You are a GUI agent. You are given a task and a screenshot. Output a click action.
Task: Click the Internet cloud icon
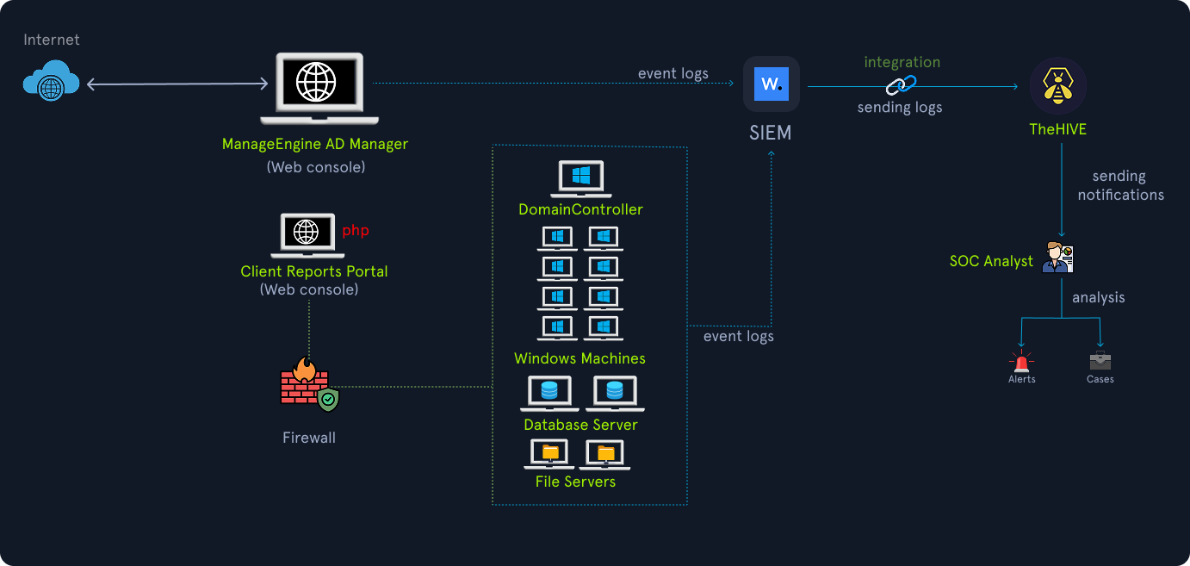pyautogui.click(x=51, y=81)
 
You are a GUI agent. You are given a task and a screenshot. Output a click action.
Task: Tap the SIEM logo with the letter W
pyautogui.click(x=772, y=84)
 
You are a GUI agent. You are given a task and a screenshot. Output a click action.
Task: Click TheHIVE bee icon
pyautogui.click(x=1058, y=85)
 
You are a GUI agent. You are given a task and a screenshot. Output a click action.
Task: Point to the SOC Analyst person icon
pyautogui.click(x=1057, y=258)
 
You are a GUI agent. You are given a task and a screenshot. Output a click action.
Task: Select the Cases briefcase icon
pyautogui.click(x=1100, y=360)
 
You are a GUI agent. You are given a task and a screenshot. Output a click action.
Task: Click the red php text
pyautogui.click(x=356, y=231)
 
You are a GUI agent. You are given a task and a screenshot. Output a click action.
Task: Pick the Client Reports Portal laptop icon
pyautogui.click(x=307, y=235)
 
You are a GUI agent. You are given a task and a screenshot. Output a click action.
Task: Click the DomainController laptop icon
pyautogui.click(x=580, y=178)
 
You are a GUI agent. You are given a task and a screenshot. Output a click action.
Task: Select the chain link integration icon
pyautogui.click(x=902, y=84)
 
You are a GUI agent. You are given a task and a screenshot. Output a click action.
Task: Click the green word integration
pyautogui.click(x=902, y=62)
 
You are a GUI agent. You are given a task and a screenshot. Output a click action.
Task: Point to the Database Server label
pyautogui.click(x=580, y=425)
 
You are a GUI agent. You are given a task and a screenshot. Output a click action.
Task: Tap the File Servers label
pyautogui.click(x=575, y=482)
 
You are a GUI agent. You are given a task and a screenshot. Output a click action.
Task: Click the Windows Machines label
pyautogui.click(x=580, y=358)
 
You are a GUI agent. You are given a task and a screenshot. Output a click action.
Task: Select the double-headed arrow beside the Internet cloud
pyautogui.click(x=177, y=84)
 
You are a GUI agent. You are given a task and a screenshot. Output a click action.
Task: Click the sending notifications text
pyautogui.click(x=1119, y=185)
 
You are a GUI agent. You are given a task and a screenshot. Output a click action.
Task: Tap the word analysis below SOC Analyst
pyautogui.click(x=1098, y=297)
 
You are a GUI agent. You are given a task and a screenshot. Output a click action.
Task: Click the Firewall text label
pyautogui.click(x=309, y=438)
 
